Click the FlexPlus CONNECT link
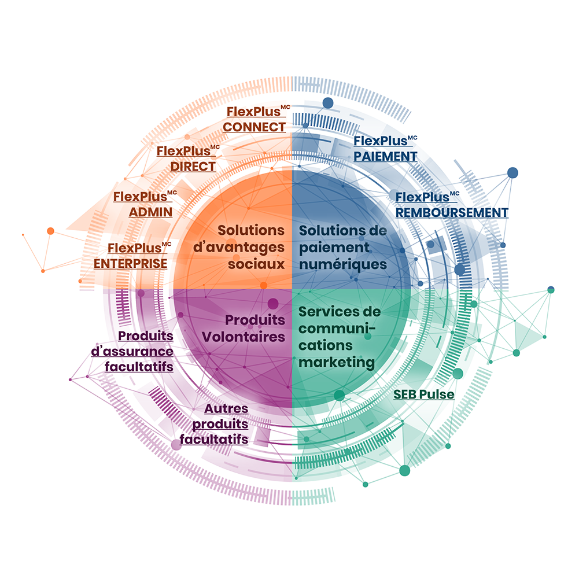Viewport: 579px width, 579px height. (x=255, y=120)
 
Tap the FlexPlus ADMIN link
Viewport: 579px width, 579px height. (x=145, y=204)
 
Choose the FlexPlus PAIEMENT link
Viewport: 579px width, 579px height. (x=385, y=149)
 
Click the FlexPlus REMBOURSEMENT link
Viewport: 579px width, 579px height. (x=452, y=205)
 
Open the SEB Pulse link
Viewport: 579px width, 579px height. (x=424, y=394)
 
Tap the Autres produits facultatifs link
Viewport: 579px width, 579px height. (x=217, y=424)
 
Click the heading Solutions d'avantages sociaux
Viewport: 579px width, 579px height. (x=250, y=247)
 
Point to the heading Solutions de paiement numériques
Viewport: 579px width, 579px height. (x=342, y=247)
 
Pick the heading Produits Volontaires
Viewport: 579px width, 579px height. (x=255, y=328)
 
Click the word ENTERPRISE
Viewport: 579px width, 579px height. (x=131, y=264)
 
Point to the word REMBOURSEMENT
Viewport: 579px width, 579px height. (x=452, y=212)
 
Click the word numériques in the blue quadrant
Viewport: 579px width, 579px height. (x=342, y=264)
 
